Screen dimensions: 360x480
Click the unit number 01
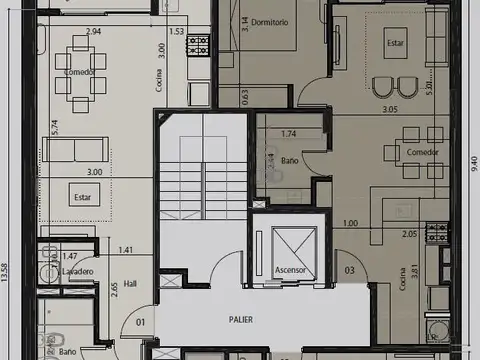[140, 321]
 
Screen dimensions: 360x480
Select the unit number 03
[350, 270]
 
